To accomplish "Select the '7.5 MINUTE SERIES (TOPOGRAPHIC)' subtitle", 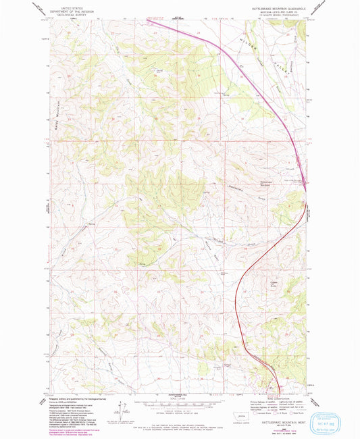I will coord(274,16).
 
